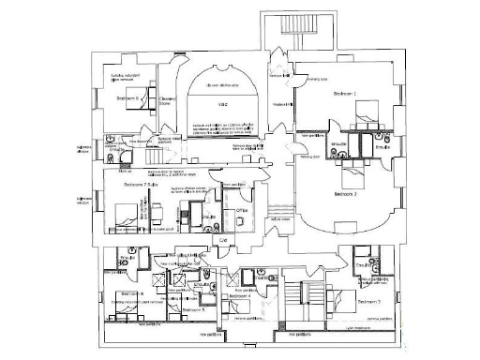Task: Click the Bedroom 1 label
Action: click(x=348, y=94)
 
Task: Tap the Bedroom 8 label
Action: click(x=128, y=97)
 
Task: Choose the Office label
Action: click(x=241, y=211)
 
